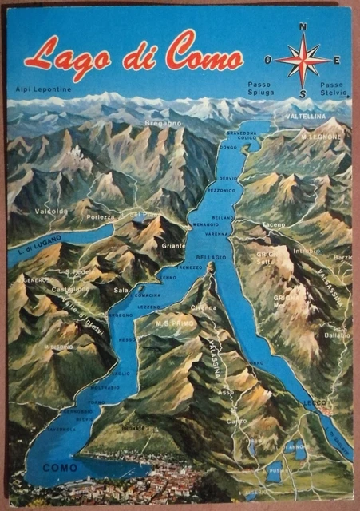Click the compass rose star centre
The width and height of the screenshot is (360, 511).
pos(303,61)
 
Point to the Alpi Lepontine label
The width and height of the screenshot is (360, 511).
pos(42,89)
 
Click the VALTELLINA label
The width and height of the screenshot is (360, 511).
pos(307,116)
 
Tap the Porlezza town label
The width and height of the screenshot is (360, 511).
pos(101,216)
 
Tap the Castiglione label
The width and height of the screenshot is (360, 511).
pos(72,288)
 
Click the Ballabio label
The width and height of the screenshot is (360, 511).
pos(338,335)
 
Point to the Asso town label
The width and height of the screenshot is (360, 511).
pos(226,393)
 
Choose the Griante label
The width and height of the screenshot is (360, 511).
pos(173,246)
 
